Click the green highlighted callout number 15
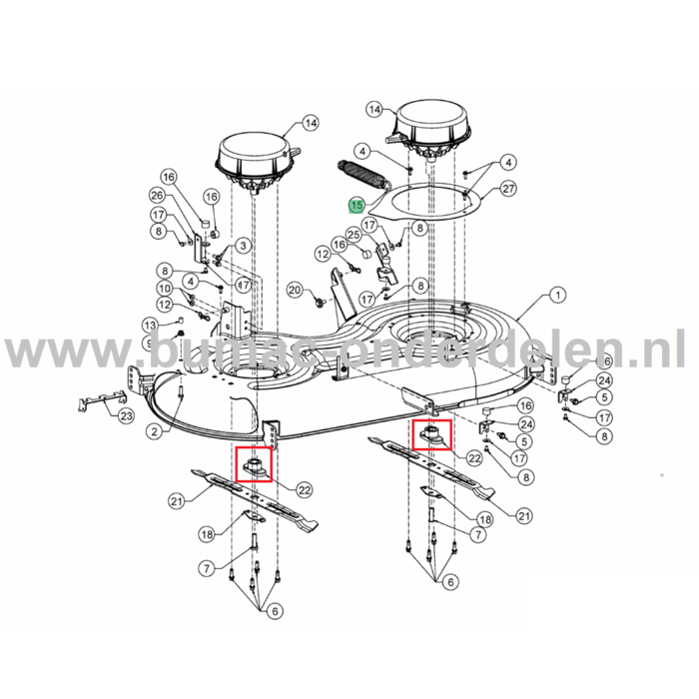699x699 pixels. click(x=356, y=206)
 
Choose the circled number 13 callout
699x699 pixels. click(x=150, y=325)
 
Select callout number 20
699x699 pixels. click(x=294, y=290)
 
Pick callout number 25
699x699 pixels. click(x=352, y=234)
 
